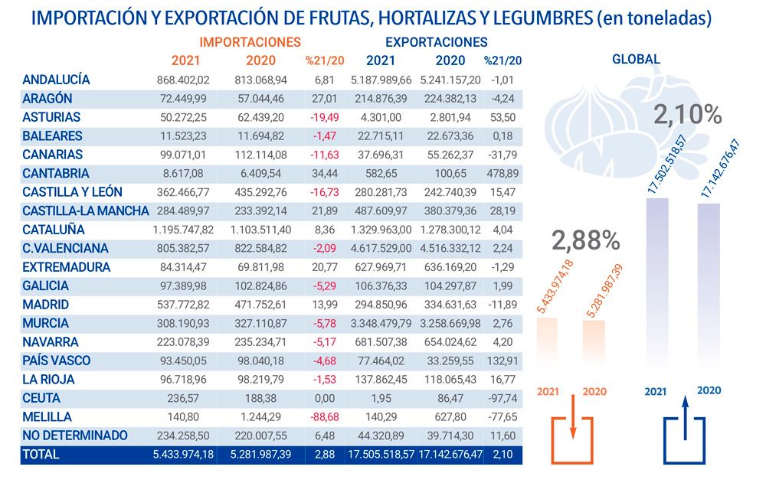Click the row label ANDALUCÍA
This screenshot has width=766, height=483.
[x=57, y=80]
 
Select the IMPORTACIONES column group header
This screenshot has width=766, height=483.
[x=250, y=43]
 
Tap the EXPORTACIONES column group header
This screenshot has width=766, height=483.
[x=436, y=43]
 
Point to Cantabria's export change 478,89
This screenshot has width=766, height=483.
[x=502, y=174]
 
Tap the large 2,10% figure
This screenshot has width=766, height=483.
[x=687, y=115]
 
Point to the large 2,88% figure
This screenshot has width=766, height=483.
[x=586, y=240]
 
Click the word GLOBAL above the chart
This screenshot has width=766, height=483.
[x=636, y=59]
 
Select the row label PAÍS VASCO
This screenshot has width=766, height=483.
[x=57, y=361]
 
